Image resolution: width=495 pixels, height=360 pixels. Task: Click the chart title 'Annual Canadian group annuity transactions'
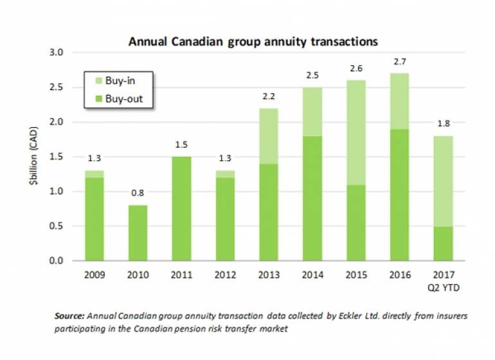point(253,41)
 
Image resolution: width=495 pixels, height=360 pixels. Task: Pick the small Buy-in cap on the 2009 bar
point(94,174)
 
